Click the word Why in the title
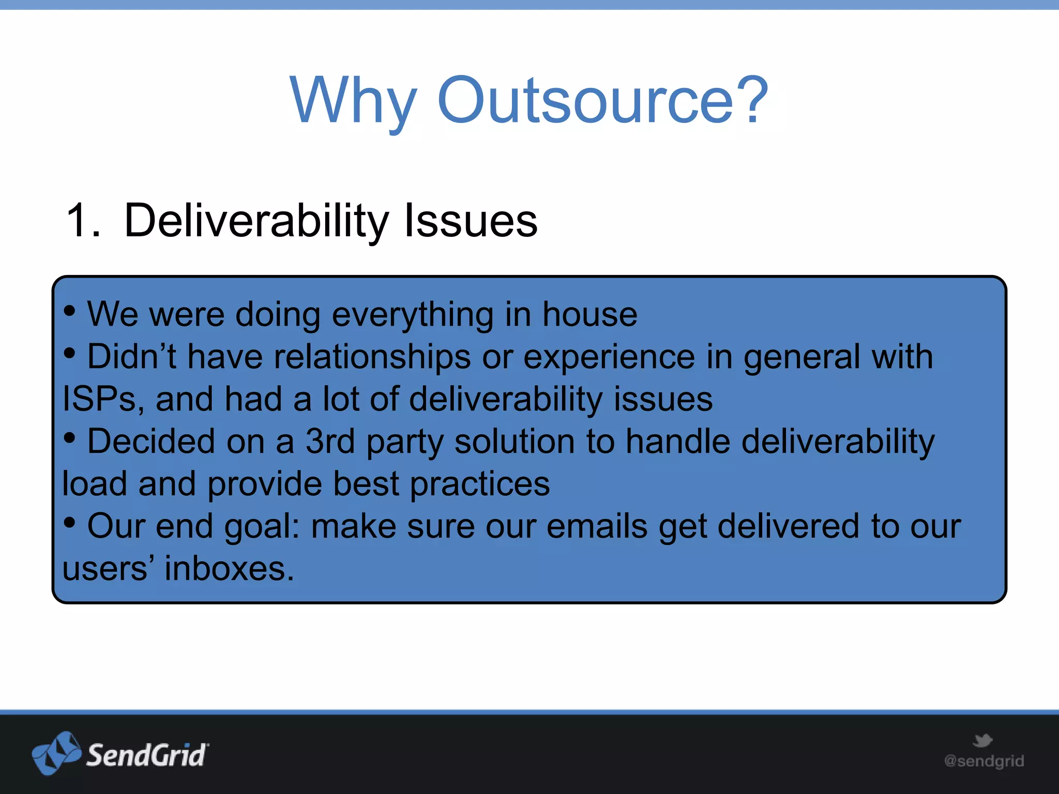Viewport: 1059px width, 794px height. [x=353, y=101]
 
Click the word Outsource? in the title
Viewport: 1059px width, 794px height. [x=603, y=101]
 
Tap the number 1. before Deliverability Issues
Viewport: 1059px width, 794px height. [x=83, y=221]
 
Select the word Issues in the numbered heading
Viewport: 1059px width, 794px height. [x=471, y=221]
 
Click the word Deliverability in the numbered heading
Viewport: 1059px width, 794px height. [x=256, y=221]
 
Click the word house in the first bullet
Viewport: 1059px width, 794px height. [x=589, y=314]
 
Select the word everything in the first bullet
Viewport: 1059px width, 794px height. [x=412, y=315]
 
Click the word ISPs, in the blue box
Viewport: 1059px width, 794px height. [x=103, y=400]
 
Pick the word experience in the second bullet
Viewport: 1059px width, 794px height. [x=609, y=357]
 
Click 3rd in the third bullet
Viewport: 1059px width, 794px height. [x=330, y=442]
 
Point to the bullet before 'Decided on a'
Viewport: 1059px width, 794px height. [x=70, y=438]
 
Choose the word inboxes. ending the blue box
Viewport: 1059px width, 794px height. [x=229, y=569]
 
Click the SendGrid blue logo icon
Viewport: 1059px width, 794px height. [x=56, y=753]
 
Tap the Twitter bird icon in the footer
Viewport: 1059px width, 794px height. [x=982, y=740]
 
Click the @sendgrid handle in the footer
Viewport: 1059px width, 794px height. [x=984, y=761]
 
